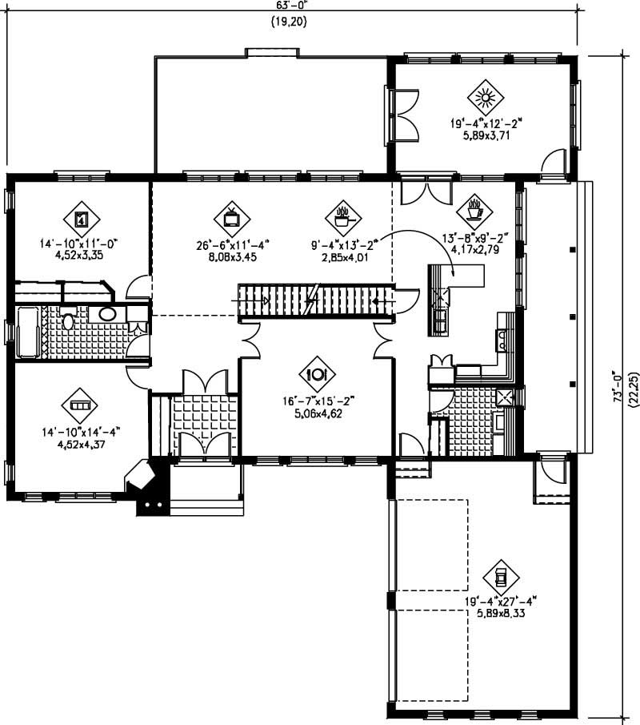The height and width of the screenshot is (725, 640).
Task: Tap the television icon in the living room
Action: point(231,217)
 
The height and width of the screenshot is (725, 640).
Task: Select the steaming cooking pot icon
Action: point(343,216)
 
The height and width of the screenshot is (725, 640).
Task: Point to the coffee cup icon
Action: point(474,211)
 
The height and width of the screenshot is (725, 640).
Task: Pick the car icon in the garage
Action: point(502,576)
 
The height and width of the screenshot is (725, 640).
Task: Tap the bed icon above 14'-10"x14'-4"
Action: point(80,407)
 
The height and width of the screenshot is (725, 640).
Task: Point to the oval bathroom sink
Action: point(106,314)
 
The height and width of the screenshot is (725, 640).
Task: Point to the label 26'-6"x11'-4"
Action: point(231,247)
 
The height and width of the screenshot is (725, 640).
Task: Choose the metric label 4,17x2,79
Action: point(474,250)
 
